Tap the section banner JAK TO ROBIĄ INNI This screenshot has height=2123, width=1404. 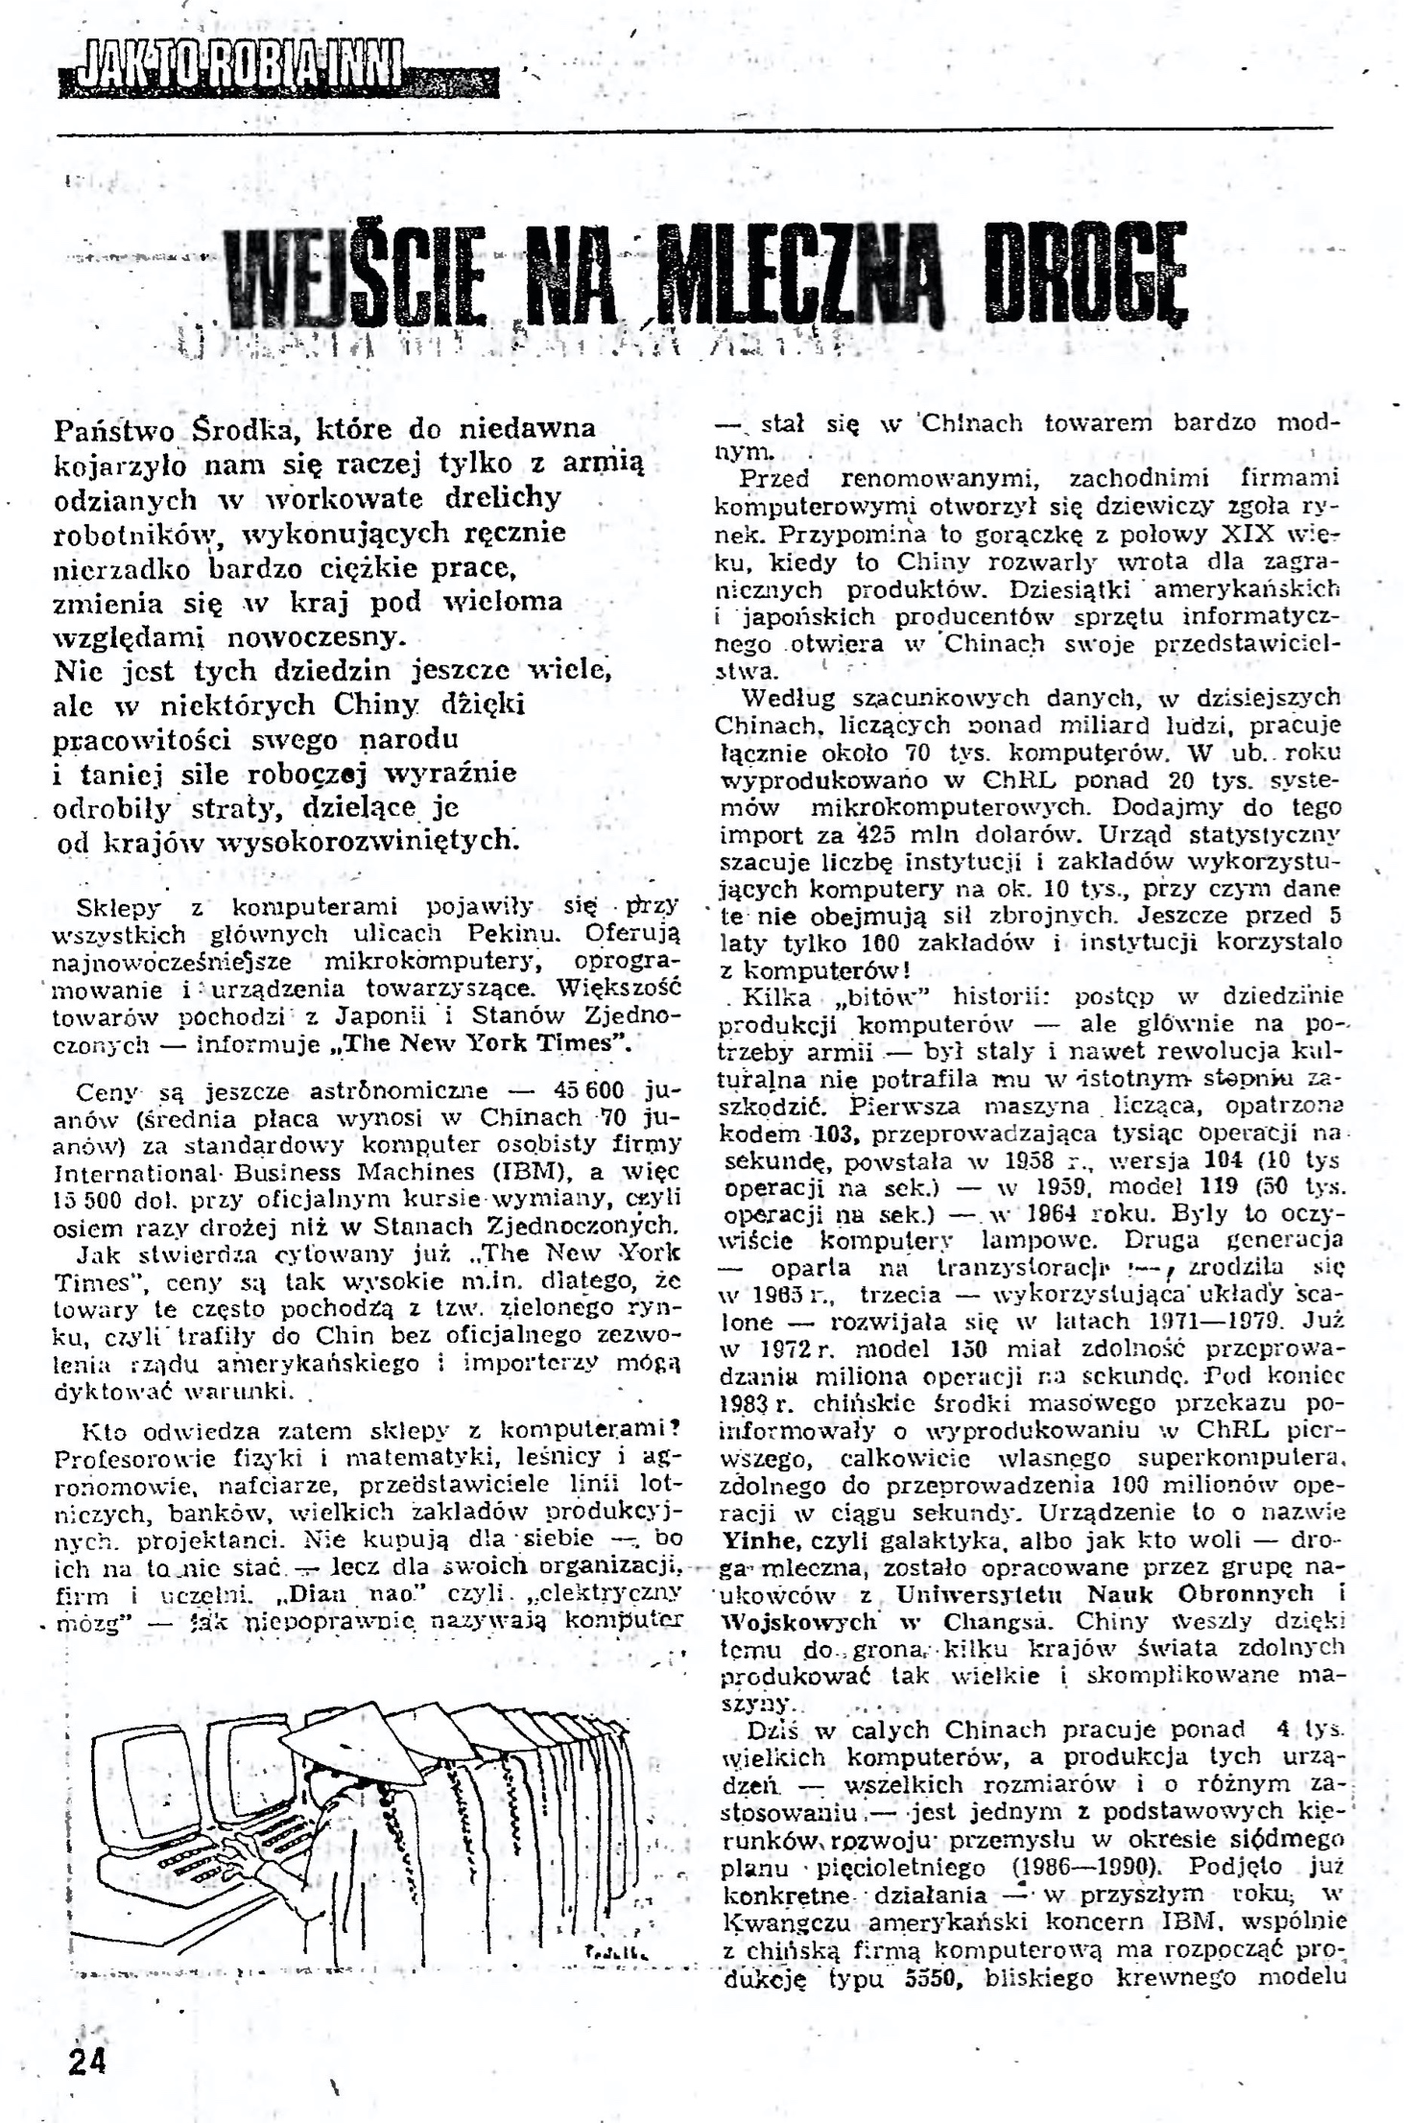(230, 69)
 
